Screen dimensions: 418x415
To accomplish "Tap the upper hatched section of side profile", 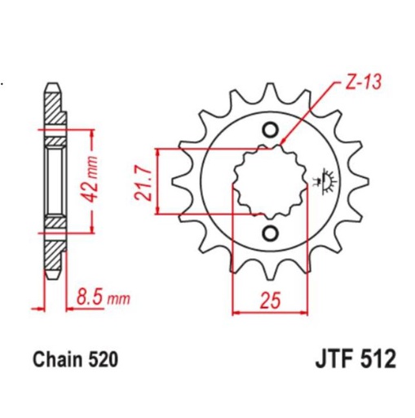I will tap(51, 106).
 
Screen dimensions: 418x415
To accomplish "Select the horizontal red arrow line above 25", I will tap(273, 310).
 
